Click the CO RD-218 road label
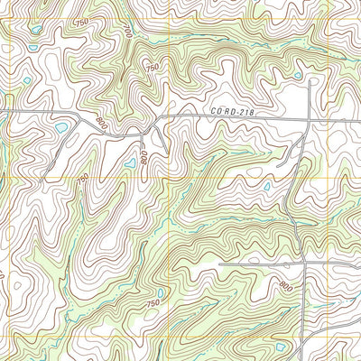click(230, 110)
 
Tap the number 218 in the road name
click(242, 110)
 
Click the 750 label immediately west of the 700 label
click(82, 22)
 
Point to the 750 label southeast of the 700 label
click(152, 68)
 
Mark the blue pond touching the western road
click(61, 128)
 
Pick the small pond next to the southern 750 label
click(161, 292)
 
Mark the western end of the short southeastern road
click(219, 264)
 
